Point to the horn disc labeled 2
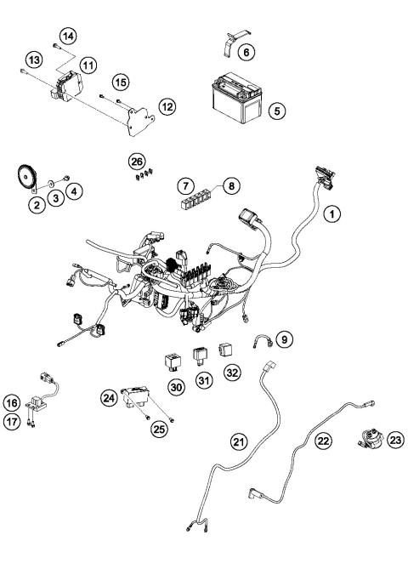pyautogui.click(x=29, y=176)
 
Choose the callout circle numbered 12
pyautogui.click(x=167, y=107)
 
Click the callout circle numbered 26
pyautogui.click(x=137, y=160)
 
